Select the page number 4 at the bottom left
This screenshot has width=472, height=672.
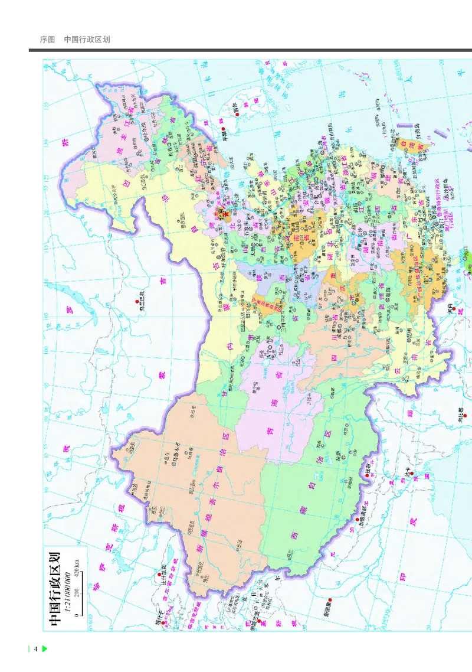click(36, 650)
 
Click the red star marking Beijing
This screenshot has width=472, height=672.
click(225, 214)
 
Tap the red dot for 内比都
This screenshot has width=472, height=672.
click(458, 416)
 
